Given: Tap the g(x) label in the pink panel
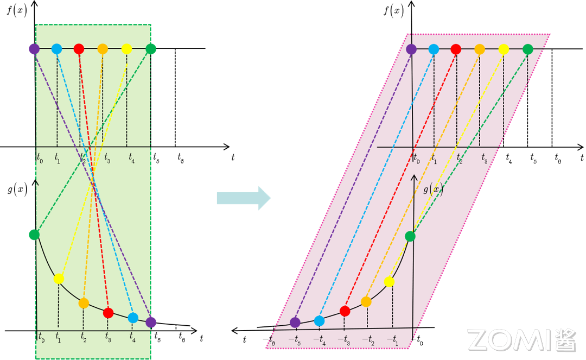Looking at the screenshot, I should click(x=433, y=190).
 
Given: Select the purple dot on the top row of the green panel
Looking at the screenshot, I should click(x=34, y=49).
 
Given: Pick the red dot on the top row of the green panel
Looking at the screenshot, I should click(x=79, y=49).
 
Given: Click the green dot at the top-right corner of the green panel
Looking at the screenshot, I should click(x=151, y=49).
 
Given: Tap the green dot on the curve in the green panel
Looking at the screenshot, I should click(x=34, y=235).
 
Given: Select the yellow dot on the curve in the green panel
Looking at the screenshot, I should click(x=59, y=279).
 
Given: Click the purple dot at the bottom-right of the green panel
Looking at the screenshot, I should click(x=151, y=322).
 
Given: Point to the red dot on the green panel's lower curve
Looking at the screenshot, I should click(x=108, y=313).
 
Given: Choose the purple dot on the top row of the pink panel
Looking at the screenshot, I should click(x=411, y=49).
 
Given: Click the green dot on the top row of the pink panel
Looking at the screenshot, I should click(x=528, y=49).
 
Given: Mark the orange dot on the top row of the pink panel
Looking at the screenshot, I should click(x=480, y=49).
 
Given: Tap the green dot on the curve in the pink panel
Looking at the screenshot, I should click(x=410, y=236).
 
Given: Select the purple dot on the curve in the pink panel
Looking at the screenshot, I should click(x=295, y=323).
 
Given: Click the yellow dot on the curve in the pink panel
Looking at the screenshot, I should click(x=389, y=281).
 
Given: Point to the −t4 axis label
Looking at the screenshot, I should click(x=320, y=340).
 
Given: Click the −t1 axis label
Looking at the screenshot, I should click(x=392, y=340).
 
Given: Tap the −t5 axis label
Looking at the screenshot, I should click(x=295, y=340).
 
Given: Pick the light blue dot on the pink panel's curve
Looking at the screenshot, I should click(x=320, y=321).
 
